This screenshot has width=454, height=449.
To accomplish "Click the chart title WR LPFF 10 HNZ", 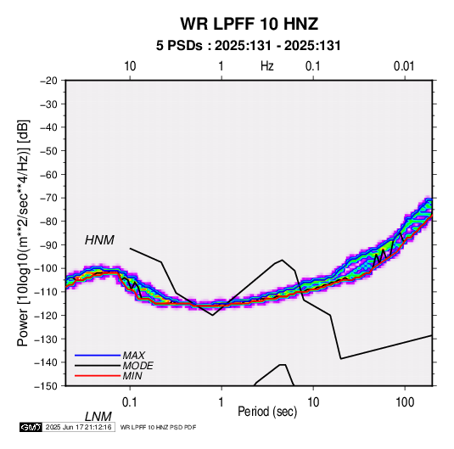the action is (249, 24).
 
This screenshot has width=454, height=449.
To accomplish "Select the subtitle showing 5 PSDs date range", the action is (249, 46).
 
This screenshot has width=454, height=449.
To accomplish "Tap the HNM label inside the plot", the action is (99, 240).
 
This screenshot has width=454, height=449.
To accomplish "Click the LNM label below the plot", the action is (98, 417).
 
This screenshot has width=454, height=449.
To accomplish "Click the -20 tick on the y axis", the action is (48, 81).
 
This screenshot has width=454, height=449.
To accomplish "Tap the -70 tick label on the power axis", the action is (48, 198).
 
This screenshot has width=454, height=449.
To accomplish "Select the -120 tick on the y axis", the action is (46, 316).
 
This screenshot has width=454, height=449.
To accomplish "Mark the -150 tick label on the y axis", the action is (46, 386).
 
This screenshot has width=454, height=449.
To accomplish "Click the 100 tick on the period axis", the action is (405, 402).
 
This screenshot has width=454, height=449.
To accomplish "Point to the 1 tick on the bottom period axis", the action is (221, 402).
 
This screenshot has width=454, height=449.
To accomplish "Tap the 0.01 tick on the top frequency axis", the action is (404, 66).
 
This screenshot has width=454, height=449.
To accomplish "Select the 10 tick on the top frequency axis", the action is (130, 66).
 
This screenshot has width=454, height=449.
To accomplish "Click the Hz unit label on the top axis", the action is (267, 66).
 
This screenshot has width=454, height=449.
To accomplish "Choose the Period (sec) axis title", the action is (267, 412).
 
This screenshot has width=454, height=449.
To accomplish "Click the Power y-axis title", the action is (23, 233).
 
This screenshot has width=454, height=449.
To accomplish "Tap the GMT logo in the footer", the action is (31, 427).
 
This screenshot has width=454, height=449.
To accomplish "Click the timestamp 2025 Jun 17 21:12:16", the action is (79, 427).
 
